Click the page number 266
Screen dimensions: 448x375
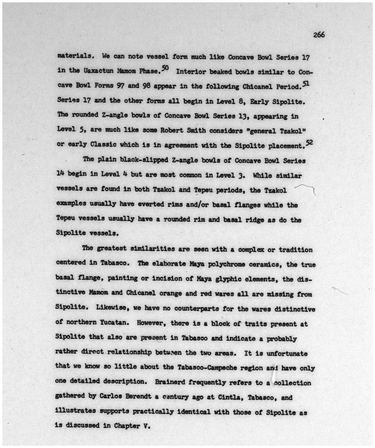pos(319,35)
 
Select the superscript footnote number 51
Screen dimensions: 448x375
pos(306,83)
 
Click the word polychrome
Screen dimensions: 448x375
pos(220,264)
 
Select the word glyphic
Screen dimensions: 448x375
pos(227,279)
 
